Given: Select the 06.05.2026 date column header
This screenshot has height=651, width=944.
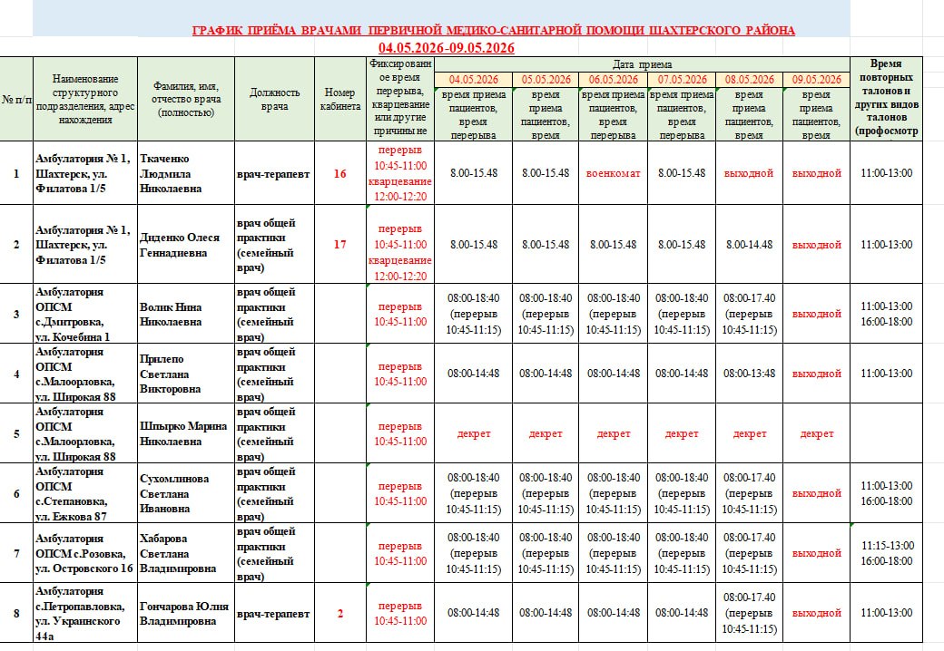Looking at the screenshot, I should tap(613, 80).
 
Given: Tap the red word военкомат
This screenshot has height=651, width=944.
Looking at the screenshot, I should tap(613, 172).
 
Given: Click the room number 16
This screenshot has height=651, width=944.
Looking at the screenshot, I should tap(339, 172).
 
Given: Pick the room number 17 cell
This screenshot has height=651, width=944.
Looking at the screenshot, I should tap(339, 244).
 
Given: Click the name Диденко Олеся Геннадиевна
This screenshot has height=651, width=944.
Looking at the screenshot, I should tap(180, 244).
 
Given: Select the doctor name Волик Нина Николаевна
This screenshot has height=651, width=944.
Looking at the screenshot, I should tap(171, 314).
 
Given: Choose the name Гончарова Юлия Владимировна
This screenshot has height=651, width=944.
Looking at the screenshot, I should tap(183, 614).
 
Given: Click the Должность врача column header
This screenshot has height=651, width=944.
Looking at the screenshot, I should tap(275, 100).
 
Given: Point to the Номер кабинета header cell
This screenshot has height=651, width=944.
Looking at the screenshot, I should tap(339, 100).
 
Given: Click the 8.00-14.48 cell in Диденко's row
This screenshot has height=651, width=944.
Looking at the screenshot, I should tap(750, 244).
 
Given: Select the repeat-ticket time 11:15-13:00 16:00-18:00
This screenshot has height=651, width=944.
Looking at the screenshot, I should tap(887, 553).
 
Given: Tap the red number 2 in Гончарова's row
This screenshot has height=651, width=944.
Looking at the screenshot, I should tap(339, 614).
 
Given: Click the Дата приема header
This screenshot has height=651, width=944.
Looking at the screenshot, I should tap(642, 64).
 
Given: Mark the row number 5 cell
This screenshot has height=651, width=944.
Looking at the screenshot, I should tap(15, 433).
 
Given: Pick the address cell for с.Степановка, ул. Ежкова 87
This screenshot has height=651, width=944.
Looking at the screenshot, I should tap(84, 493).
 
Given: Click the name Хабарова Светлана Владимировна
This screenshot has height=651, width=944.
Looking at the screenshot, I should tap(178, 553).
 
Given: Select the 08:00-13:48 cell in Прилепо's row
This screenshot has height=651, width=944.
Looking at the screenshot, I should tap(750, 374).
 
